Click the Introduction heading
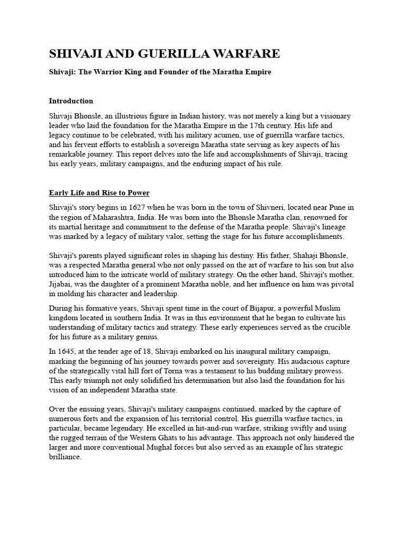[x=71, y=101]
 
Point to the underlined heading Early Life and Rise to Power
[x=99, y=192]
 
